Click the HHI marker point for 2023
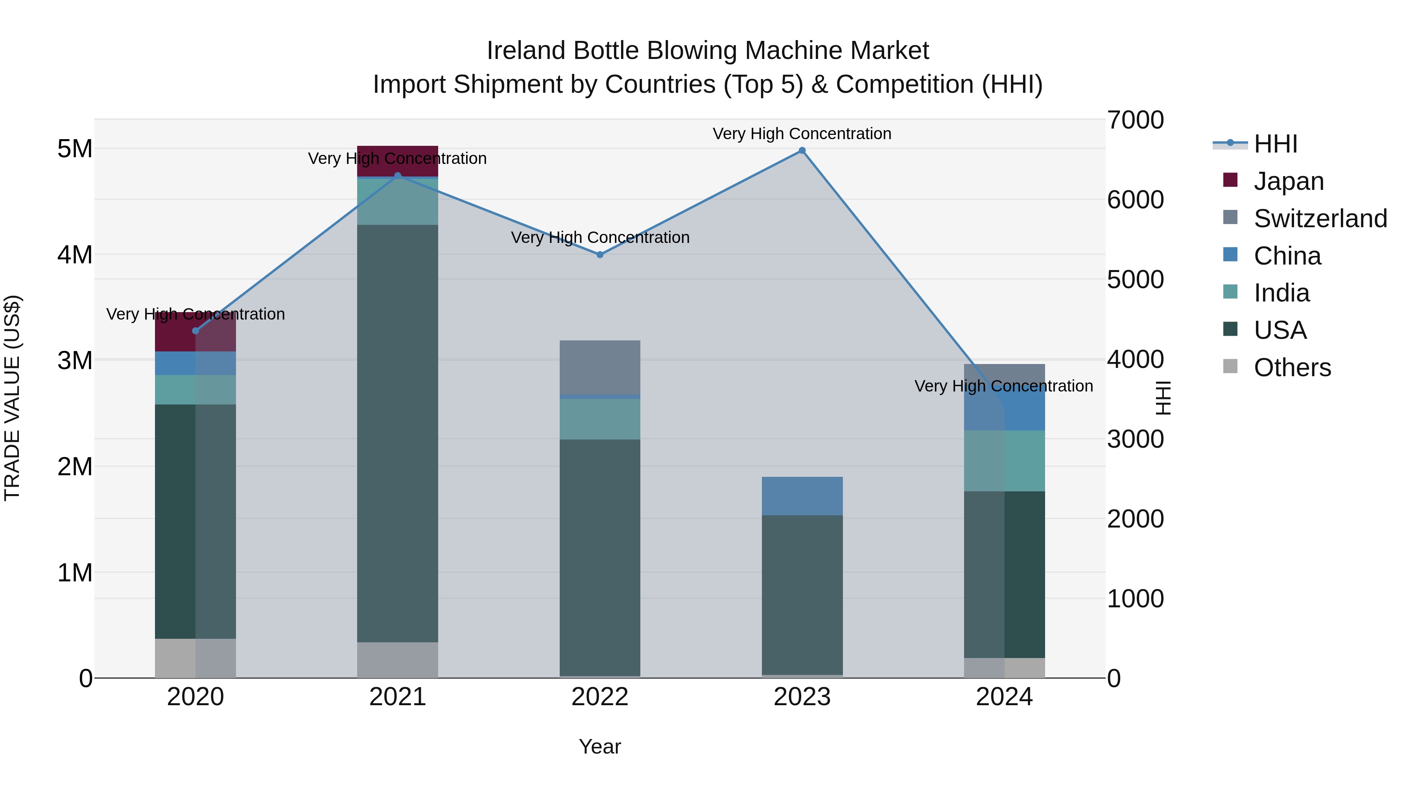802,151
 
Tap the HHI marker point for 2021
398,176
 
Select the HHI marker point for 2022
600,255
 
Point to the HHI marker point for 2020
196,331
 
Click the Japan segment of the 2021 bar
398,161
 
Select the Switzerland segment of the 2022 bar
600,368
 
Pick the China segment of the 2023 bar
802,496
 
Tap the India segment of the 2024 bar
1004,461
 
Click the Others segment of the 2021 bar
398,660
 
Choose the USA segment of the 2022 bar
600,557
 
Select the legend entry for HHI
1275,144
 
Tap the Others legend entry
1292,368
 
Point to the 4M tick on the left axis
75,255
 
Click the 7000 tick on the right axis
1135,120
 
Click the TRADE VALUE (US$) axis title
12,398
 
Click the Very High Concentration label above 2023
802,134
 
